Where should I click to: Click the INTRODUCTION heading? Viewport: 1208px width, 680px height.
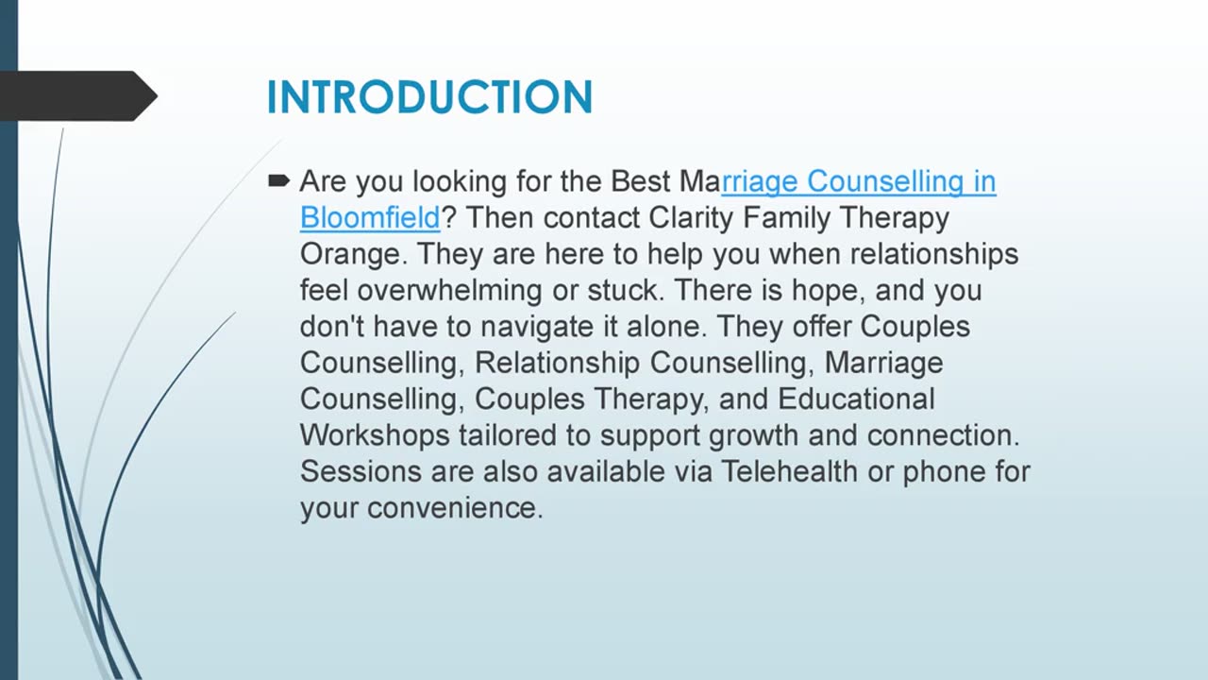click(429, 97)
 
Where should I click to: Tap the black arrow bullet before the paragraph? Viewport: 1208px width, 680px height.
click(278, 180)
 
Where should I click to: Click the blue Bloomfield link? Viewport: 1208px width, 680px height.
click(370, 217)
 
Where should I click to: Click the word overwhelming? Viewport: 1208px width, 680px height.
click(449, 290)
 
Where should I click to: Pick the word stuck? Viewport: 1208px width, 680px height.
click(623, 290)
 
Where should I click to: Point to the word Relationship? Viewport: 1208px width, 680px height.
click(557, 364)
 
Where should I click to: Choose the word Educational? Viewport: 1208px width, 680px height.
click(856, 399)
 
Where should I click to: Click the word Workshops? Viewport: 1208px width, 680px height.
click(375, 436)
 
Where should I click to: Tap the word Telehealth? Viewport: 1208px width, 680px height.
click(789, 471)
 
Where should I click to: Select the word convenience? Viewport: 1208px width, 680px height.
click(455, 508)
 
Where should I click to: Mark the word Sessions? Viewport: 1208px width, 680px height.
click(361, 471)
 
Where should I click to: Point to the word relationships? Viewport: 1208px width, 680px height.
click(934, 255)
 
